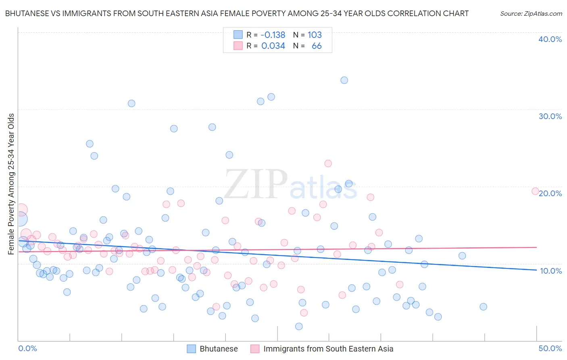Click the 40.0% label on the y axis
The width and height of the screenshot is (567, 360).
(550, 40)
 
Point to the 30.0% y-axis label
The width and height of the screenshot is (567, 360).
(550, 116)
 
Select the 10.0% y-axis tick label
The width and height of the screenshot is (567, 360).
(551, 271)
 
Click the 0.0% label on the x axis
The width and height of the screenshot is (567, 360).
(27, 348)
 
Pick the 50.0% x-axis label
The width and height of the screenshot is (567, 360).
(550, 348)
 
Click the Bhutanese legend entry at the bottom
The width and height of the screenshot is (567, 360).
(219, 349)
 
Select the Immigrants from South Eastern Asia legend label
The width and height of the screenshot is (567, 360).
(328, 349)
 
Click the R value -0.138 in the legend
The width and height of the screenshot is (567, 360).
(273, 35)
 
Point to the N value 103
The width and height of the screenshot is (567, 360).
(315, 35)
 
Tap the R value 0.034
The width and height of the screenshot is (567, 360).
(273, 46)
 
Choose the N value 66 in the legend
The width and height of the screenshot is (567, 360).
(317, 46)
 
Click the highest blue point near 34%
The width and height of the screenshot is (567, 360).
(344, 80)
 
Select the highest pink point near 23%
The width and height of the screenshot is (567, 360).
(328, 163)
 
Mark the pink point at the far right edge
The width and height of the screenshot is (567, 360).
(535, 191)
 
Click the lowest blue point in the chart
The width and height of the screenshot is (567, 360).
(299, 327)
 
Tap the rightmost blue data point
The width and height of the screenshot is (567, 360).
(483, 307)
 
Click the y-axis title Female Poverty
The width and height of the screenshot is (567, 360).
(11, 184)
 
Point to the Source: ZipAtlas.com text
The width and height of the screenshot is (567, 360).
(531, 14)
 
